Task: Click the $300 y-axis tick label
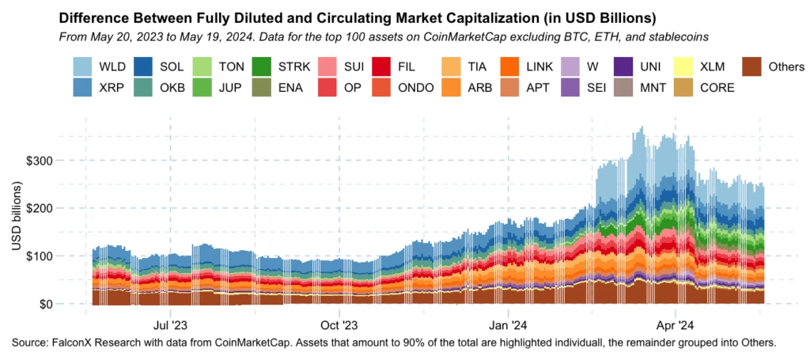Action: [x=40, y=161]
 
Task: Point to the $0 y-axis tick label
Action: [x=46, y=304]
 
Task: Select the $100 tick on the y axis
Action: [x=40, y=256]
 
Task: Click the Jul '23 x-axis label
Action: [x=170, y=325]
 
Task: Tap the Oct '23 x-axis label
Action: [x=339, y=325]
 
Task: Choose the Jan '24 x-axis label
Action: [x=509, y=325]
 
